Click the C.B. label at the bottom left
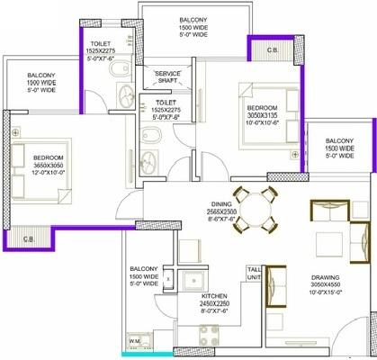[28, 238]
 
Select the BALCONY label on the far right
[339, 140]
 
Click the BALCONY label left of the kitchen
[146, 267]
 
